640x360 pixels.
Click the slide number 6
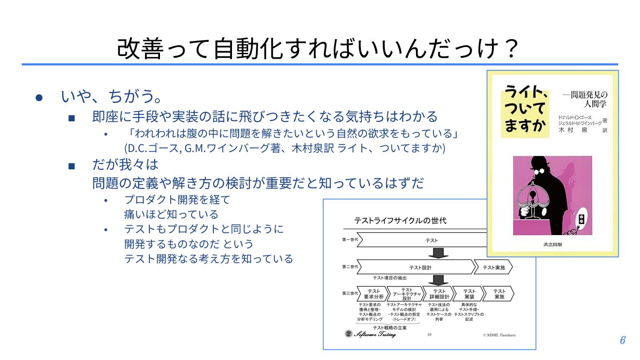pos(622,340)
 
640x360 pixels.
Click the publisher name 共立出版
pos(552,244)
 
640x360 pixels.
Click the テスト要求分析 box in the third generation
pos(373,294)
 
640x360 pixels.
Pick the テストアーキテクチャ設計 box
pos(407,294)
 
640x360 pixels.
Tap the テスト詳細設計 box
pos(439,294)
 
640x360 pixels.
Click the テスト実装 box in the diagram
pos(469,294)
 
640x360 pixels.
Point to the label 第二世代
pos(350,268)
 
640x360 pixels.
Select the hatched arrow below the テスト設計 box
pos(438,280)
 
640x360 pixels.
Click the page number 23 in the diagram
pos(429,334)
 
